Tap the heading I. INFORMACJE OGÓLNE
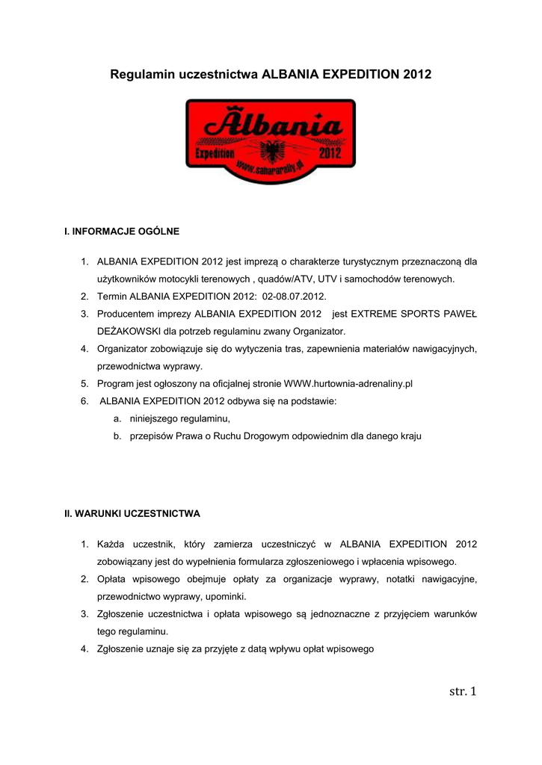click(123, 232)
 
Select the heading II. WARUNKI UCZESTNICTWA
click(132, 514)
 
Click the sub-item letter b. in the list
click(118, 436)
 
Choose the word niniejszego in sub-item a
click(154, 418)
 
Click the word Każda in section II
click(111, 544)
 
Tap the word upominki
click(223, 597)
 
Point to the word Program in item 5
click(116, 383)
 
